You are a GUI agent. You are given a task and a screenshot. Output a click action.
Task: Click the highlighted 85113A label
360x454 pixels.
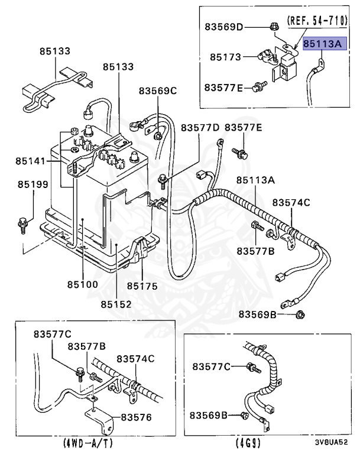click(323, 44)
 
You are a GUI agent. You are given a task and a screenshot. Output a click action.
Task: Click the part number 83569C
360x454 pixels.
click(158, 90)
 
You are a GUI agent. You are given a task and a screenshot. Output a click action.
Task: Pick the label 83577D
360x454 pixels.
click(200, 128)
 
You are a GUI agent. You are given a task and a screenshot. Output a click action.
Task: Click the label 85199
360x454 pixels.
click(33, 184)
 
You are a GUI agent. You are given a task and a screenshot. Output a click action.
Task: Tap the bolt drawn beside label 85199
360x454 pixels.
click(22, 223)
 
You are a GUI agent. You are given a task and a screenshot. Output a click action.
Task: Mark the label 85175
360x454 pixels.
click(142, 286)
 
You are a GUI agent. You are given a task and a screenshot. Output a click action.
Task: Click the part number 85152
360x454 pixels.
click(116, 304)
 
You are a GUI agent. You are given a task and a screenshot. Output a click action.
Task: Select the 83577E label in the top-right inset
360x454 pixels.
click(224, 87)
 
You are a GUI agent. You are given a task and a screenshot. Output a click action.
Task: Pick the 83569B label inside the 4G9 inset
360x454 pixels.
click(209, 415)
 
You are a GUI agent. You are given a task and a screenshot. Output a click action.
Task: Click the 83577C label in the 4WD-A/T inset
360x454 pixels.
click(52, 334)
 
